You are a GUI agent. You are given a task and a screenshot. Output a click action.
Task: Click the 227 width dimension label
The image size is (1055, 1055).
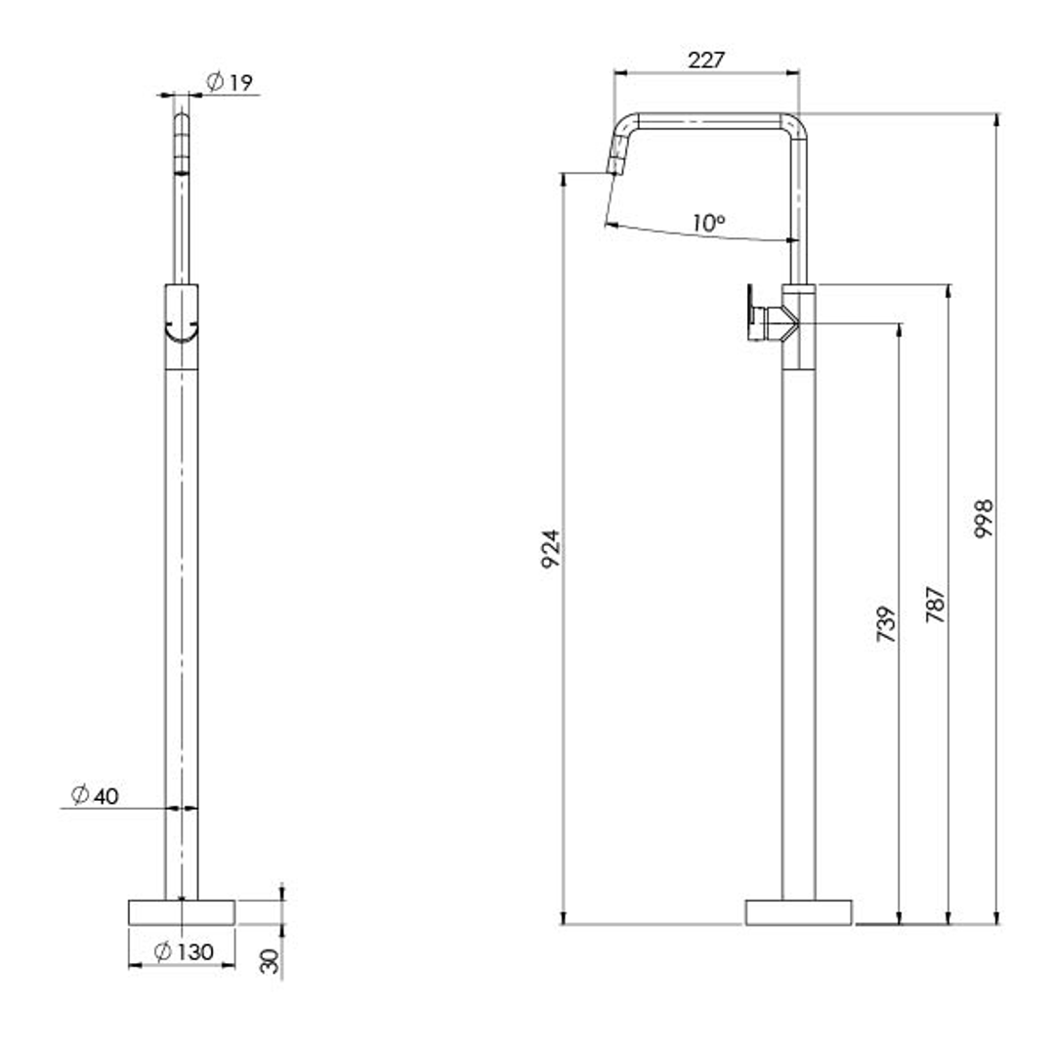pyautogui.click(x=705, y=60)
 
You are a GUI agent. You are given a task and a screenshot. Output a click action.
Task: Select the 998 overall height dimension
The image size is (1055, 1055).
pyautogui.click(x=983, y=518)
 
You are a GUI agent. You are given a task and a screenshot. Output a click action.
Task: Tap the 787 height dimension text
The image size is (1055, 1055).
pyautogui.click(x=935, y=606)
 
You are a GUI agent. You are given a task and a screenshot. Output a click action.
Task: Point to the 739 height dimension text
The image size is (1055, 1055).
pyautogui.click(x=886, y=626)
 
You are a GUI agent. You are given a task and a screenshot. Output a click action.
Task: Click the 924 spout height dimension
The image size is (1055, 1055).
pyautogui.click(x=552, y=550)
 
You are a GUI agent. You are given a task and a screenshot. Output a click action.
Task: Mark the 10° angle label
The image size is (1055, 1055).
pyautogui.click(x=708, y=223)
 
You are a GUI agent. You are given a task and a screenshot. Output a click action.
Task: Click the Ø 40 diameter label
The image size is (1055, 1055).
pyautogui.click(x=95, y=796)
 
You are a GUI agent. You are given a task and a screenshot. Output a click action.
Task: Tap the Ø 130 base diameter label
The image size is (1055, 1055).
pyautogui.click(x=184, y=951)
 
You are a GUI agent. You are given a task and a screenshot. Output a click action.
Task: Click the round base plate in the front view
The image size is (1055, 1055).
pyautogui.click(x=182, y=910)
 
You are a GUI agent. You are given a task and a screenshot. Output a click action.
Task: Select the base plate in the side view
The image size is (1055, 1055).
pyautogui.click(x=798, y=911)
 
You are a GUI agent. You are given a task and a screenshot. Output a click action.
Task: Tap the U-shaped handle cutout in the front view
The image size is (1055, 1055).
pyautogui.click(x=182, y=332)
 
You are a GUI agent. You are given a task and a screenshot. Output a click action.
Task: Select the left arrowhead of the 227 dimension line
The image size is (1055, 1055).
pyautogui.click(x=618, y=71)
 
